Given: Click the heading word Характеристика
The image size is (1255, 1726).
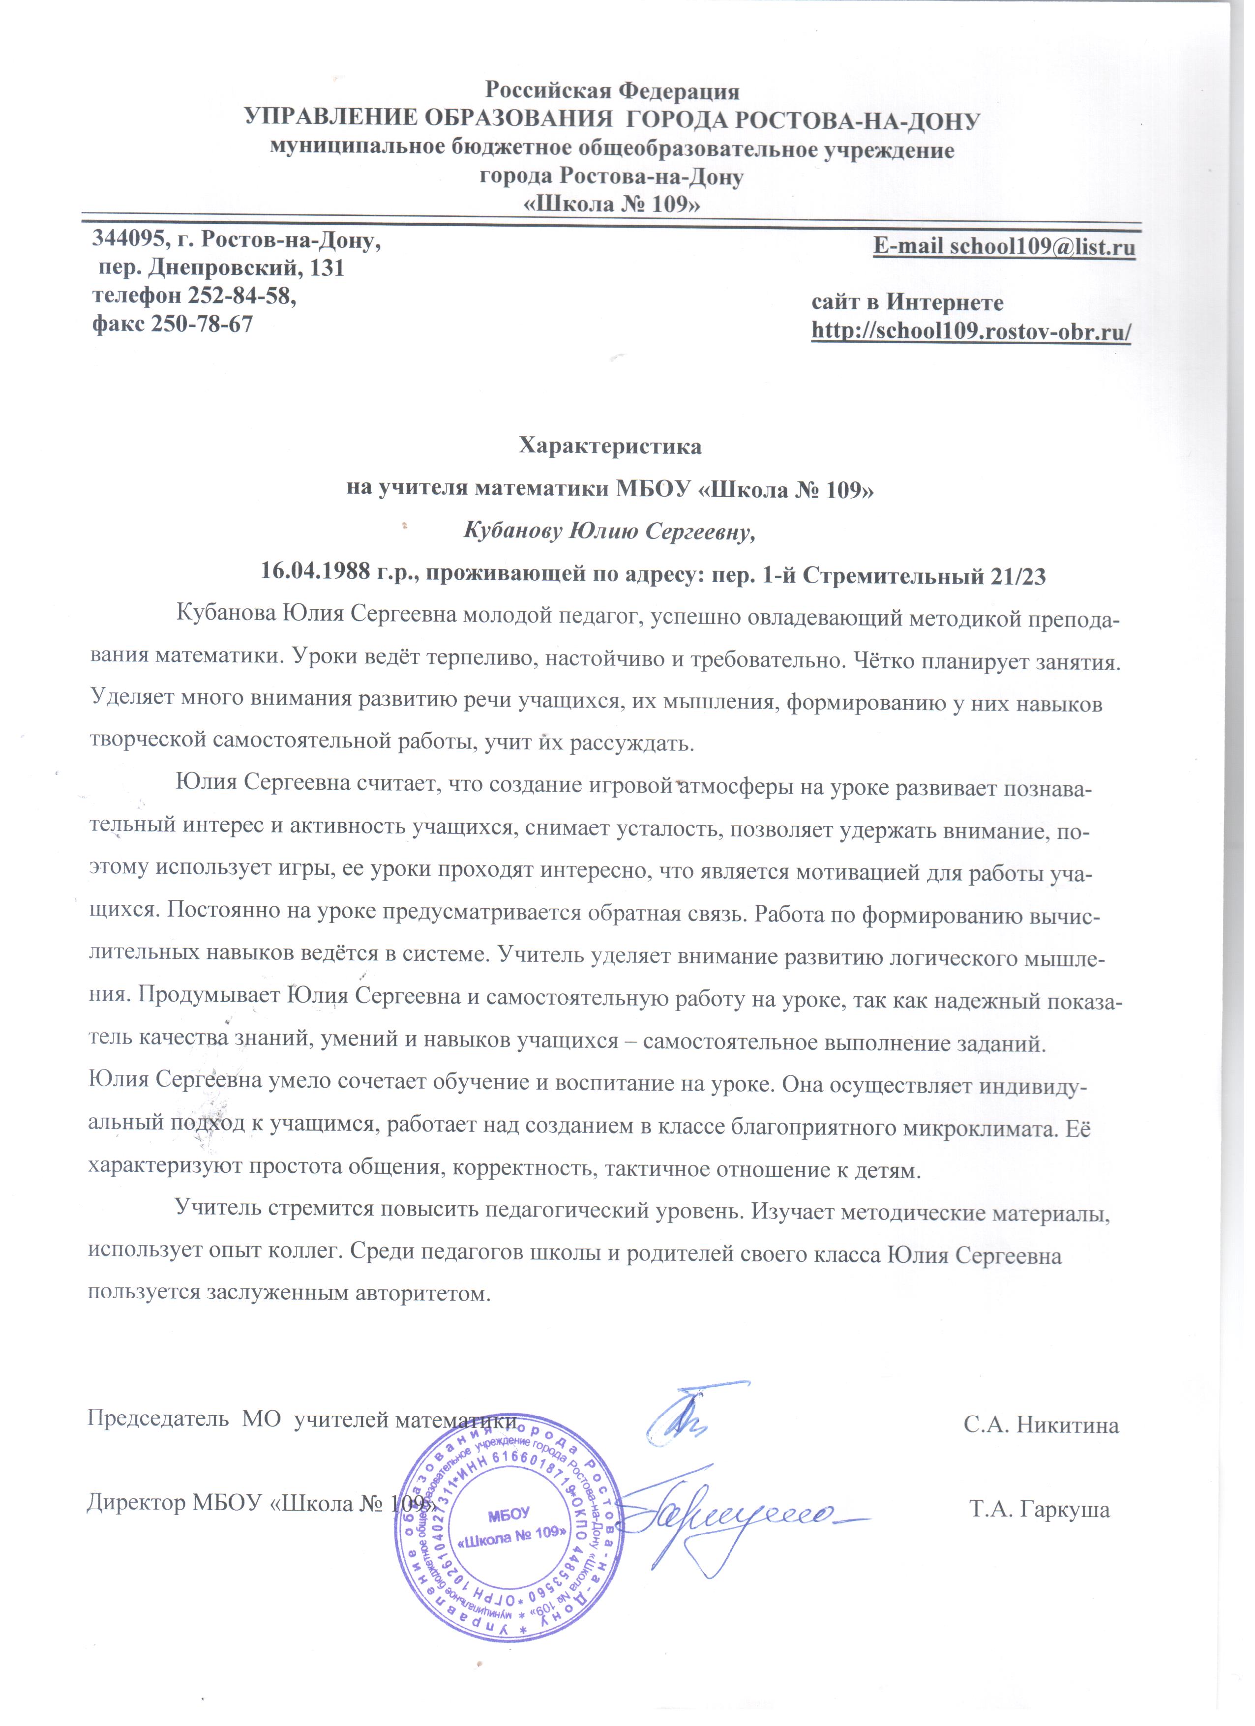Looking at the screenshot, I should [610, 446].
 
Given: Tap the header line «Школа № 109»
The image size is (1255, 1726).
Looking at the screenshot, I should [613, 205].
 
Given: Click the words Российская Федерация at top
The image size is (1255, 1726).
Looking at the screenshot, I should [613, 91].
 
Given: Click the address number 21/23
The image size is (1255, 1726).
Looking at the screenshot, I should [1019, 576].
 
